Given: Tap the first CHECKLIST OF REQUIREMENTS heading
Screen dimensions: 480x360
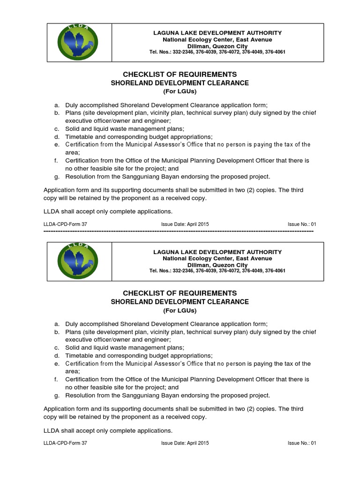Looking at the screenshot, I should pyautogui.click(x=180, y=75).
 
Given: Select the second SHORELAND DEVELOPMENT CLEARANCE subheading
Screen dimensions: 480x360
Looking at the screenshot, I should pyautogui.click(x=180, y=302).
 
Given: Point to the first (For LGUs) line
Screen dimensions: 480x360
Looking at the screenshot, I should pyautogui.click(x=180, y=91).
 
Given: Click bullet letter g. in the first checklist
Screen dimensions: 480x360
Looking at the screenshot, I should pyautogui.click(x=56, y=176).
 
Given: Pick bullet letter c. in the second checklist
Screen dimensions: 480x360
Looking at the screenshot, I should pyautogui.click(x=56, y=347).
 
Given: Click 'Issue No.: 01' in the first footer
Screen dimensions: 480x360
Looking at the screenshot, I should pyautogui.click(x=302, y=224).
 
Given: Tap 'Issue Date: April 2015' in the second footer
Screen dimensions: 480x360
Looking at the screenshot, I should pyautogui.click(x=185, y=443).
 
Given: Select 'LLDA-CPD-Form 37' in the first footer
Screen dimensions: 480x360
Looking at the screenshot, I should pyautogui.click(x=65, y=224).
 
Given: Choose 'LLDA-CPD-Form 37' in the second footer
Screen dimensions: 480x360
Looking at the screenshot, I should pyautogui.click(x=65, y=443).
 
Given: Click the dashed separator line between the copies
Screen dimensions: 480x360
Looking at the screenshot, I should pyautogui.click(x=178, y=232).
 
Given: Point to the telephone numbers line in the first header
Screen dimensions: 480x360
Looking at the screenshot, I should pyautogui.click(x=217, y=52).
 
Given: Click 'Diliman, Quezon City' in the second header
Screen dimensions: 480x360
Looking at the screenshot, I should pyautogui.click(x=217, y=265).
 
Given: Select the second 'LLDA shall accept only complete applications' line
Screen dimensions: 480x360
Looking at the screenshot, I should pyautogui.click(x=108, y=430).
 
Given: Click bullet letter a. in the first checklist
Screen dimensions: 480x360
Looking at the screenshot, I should pyautogui.click(x=56, y=105).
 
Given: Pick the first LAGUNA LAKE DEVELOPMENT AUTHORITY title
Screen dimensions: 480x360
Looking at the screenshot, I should pyautogui.click(x=217, y=33).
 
